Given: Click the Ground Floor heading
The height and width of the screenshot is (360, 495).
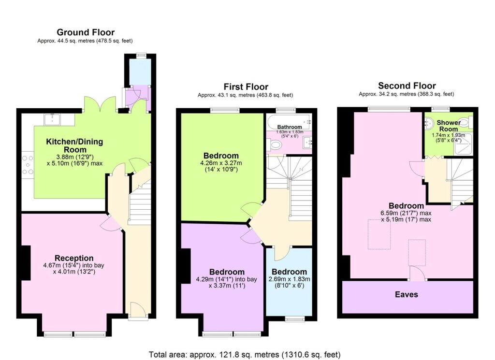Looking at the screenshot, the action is pos(86,32).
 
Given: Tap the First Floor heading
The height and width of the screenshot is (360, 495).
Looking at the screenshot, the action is pos(246,87).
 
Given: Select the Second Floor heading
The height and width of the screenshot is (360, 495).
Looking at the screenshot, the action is pos(407,86).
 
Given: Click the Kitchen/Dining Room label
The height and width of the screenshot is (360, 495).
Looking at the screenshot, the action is pos(75,145).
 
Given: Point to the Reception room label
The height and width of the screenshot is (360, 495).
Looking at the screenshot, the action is pos(74,258).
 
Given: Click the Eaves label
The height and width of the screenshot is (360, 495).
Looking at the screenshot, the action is pos(407,294).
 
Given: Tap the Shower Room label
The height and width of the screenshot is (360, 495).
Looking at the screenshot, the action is pos(449,126).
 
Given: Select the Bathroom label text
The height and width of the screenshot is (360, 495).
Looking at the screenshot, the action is pos(290,127).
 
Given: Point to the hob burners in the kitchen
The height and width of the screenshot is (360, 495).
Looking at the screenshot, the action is pos(28,165).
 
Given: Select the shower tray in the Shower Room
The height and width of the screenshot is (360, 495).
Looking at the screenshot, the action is pos(464,144).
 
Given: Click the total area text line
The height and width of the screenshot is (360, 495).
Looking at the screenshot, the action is pos(245,355).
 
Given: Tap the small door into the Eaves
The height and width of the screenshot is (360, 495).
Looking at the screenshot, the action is pos(417,273).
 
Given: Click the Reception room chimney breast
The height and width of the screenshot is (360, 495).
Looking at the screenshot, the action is pos(26,263).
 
